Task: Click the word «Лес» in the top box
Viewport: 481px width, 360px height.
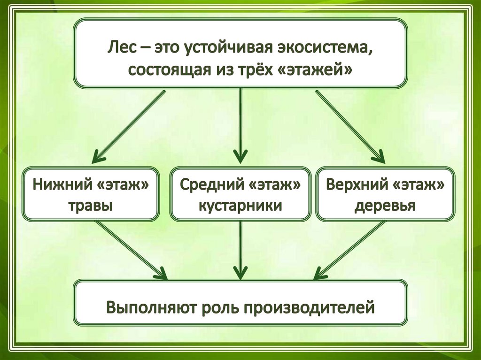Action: (121, 47)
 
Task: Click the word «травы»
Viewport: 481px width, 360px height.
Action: (91, 206)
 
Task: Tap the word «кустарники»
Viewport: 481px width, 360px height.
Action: (240, 206)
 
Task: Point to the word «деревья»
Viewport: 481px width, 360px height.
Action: (385, 206)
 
